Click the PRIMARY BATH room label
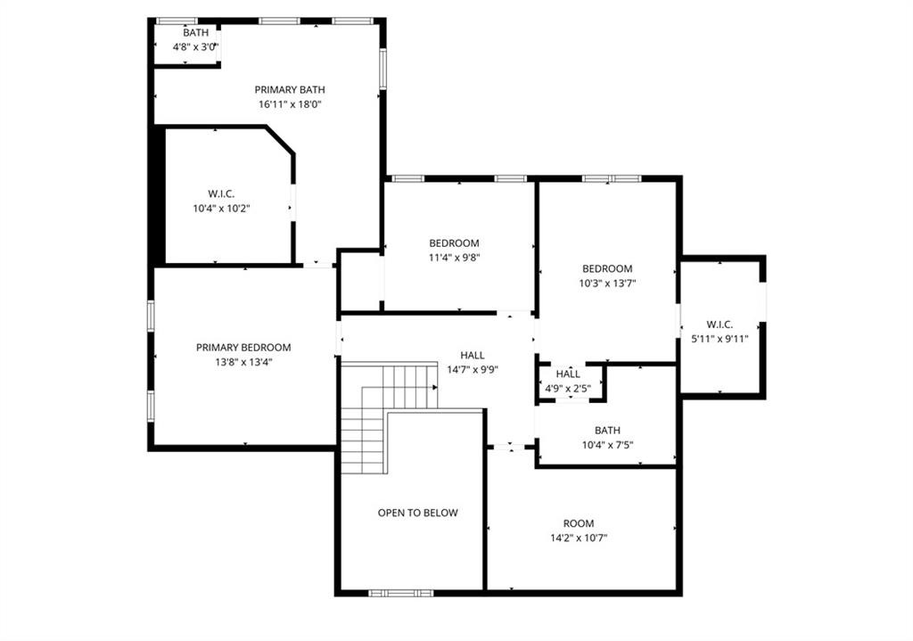(290, 89)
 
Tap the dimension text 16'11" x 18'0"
(290, 104)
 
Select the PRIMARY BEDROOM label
(243, 348)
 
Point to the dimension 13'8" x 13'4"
(243, 362)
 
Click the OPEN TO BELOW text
(417, 513)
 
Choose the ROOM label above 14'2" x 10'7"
(578, 523)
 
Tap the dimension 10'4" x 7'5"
(607, 444)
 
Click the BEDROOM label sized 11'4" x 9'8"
(454, 243)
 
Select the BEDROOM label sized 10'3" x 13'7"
(607, 268)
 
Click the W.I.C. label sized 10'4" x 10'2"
(221, 194)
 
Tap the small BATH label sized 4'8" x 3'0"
(195, 33)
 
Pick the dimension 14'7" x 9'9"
(473, 369)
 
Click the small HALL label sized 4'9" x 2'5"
(568, 374)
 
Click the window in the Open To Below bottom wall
(401, 592)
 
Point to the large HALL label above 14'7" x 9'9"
(473, 355)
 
